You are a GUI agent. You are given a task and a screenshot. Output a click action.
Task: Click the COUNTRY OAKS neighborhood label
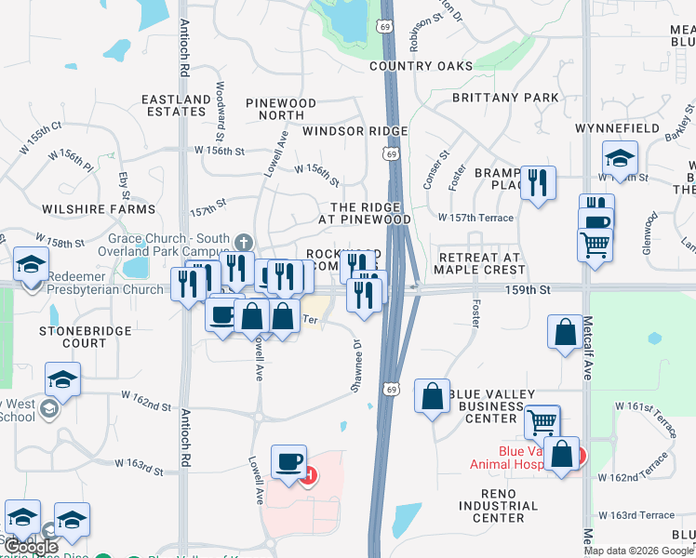pos(421,66)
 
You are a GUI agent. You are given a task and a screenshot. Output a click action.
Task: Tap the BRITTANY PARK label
pos(505,98)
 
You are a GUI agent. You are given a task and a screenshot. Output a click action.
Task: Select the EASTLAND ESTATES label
pos(176,105)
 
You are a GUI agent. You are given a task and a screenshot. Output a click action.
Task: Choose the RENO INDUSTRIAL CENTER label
pos(498,506)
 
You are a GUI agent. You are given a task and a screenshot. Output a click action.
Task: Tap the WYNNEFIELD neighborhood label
pos(617,127)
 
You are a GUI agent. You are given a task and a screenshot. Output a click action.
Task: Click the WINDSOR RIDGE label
pos(341,131)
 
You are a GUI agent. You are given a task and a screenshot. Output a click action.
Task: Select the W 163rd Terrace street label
pos(636,515)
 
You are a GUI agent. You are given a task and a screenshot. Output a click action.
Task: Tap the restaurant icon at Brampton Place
pos(538,181)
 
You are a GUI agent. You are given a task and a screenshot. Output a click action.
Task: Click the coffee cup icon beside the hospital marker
pos(288,461)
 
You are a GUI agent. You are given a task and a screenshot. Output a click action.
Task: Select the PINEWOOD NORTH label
pos(281,110)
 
